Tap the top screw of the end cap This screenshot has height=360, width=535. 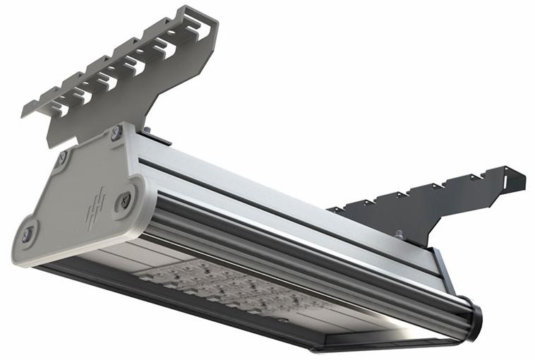(x=116, y=133)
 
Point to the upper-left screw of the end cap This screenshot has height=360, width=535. (x=62, y=157)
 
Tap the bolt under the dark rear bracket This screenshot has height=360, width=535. (x=399, y=235)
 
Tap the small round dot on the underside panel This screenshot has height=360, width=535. (x=282, y=320)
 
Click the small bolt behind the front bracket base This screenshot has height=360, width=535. (x=147, y=130)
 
